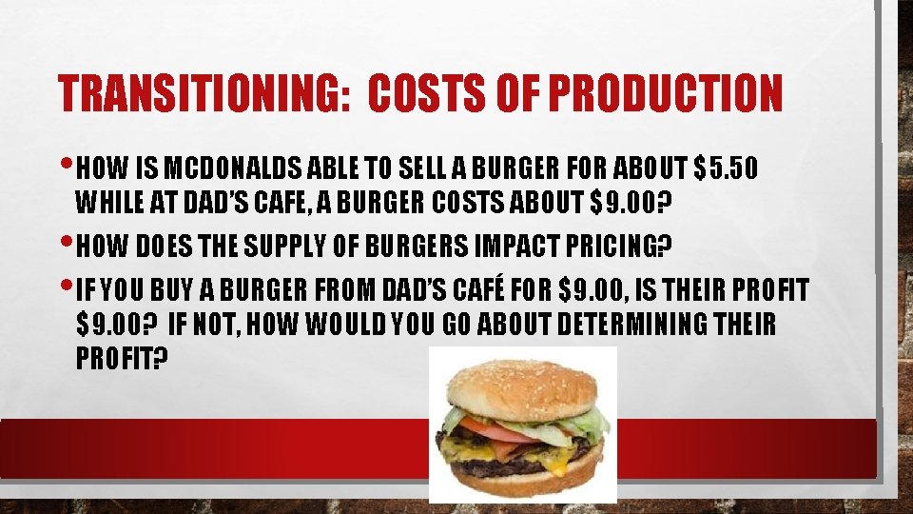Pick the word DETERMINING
point(635,326)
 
